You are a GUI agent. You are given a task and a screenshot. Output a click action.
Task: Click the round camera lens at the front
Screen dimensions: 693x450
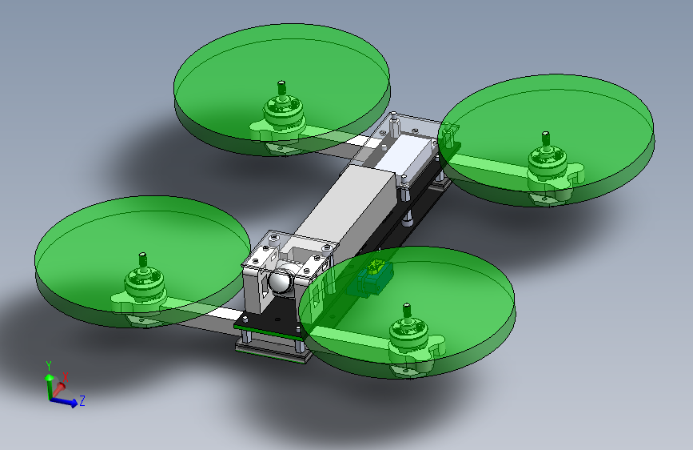tap(281, 281)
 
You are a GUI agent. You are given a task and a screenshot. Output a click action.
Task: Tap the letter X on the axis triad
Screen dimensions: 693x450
tap(66, 377)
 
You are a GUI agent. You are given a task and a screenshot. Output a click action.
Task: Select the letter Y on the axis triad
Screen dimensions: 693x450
tap(49, 366)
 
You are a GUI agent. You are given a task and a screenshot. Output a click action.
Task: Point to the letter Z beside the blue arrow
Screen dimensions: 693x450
tap(82, 401)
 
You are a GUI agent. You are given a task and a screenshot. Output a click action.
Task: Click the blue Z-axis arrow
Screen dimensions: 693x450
tap(64, 401)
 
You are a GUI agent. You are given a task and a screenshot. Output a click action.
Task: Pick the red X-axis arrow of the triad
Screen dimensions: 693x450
tap(58, 390)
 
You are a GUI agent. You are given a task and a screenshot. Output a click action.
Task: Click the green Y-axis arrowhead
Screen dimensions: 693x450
tap(49, 378)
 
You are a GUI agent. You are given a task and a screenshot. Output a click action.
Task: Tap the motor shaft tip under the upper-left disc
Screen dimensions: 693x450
tap(281, 83)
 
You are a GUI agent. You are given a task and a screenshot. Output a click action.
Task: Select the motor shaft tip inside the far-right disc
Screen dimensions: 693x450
tap(545, 135)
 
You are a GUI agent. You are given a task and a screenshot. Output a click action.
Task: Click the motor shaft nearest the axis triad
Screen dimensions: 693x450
tap(142, 260)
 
